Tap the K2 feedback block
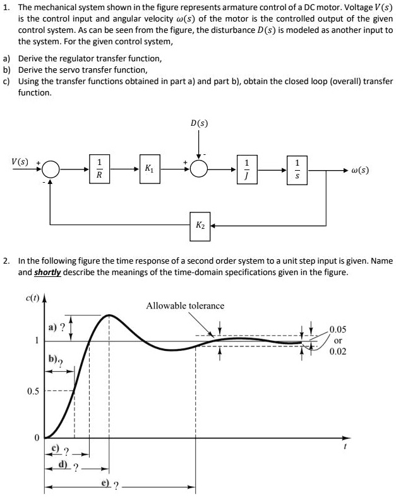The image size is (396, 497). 200,225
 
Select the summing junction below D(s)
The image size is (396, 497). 199,169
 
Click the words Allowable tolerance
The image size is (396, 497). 185,305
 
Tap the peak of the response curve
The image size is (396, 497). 110,314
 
